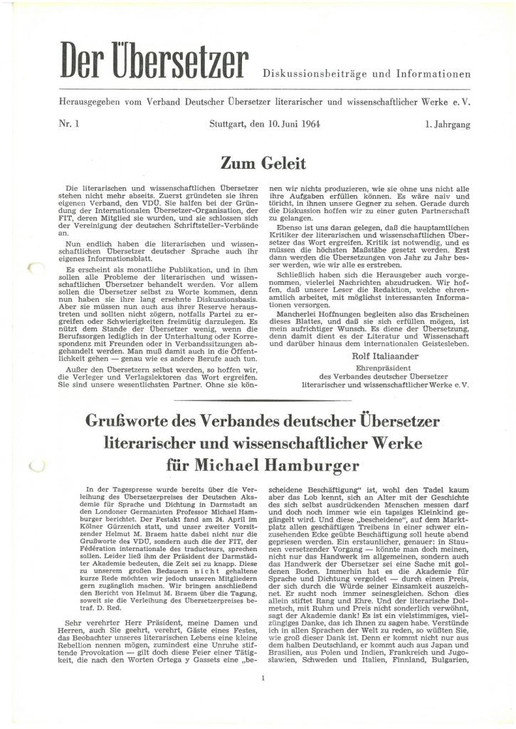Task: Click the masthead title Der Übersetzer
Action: pos(154,63)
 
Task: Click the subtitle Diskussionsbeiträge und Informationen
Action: pos(367,73)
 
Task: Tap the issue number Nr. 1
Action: pos(69,125)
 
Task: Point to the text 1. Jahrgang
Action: pos(448,125)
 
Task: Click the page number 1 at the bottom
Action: pos(263,678)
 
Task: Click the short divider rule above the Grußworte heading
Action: pos(263,401)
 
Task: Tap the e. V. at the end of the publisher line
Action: pos(461,102)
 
